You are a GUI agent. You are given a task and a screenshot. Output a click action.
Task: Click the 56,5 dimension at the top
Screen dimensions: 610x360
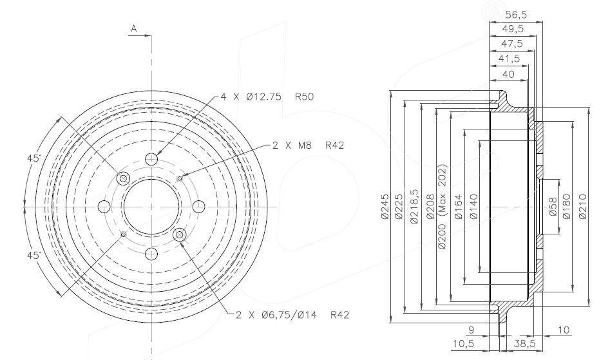515,15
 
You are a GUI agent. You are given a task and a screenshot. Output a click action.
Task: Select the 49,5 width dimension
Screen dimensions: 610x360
513,29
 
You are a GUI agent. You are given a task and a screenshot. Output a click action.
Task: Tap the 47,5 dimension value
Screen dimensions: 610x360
511,44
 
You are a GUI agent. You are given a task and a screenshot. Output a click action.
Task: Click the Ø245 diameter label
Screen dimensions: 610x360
385,207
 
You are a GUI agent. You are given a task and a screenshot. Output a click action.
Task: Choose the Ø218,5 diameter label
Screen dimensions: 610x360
414,207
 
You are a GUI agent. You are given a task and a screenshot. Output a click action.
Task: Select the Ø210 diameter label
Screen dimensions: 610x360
582,207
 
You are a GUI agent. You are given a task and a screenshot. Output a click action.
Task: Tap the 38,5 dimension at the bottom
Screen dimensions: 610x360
525,344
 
